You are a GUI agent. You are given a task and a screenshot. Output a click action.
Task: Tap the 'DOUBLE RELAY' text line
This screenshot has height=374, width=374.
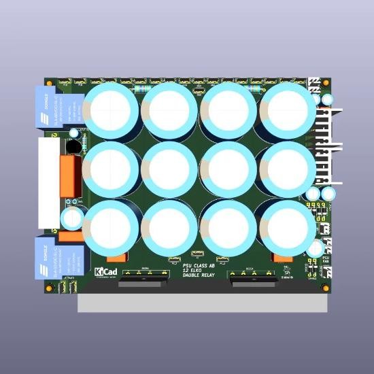[x=199, y=276]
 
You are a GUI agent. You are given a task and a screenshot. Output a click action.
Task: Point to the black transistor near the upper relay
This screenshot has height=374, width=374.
[x=72, y=146]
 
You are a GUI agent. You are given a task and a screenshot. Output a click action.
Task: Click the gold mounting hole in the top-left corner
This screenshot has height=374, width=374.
[x=48, y=80]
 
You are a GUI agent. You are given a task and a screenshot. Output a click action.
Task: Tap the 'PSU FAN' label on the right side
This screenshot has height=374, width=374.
[x=326, y=259]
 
